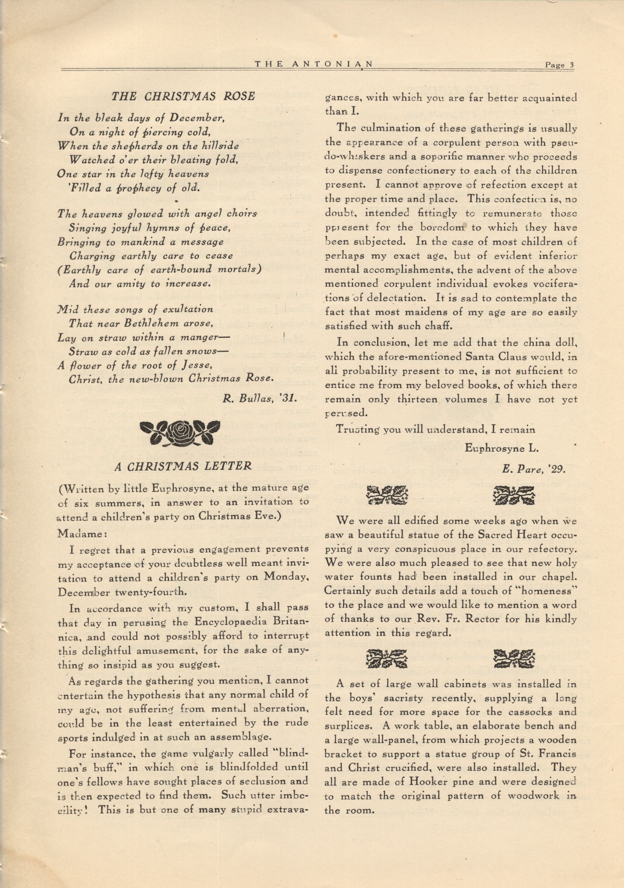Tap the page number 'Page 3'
[559, 65]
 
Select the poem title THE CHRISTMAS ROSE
[183, 96]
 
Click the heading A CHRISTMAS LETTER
[183, 466]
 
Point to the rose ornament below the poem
[180, 432]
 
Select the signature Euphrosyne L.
[502, 448]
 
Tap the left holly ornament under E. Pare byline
[387, 495]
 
